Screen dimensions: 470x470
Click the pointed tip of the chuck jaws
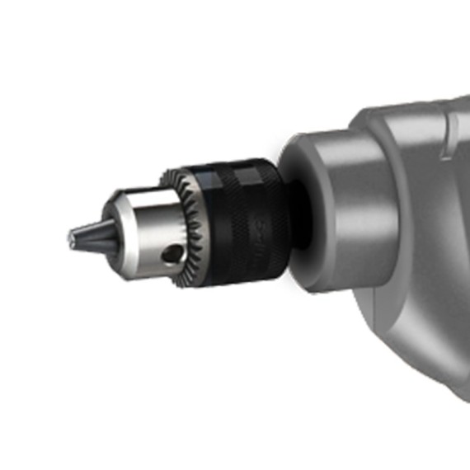click(69, 241)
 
